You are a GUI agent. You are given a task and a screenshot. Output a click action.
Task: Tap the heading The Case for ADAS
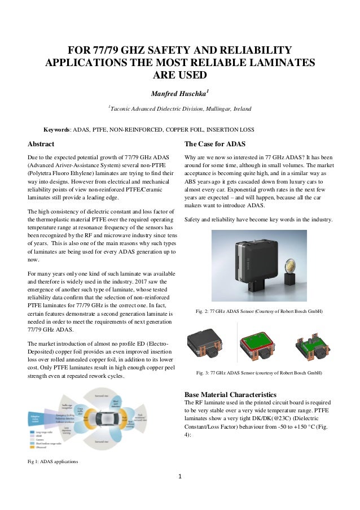pos(215,143)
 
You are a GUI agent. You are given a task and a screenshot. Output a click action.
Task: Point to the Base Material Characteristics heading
pos(230,394)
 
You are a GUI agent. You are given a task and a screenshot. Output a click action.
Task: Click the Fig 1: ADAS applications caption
pos(54,463)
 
